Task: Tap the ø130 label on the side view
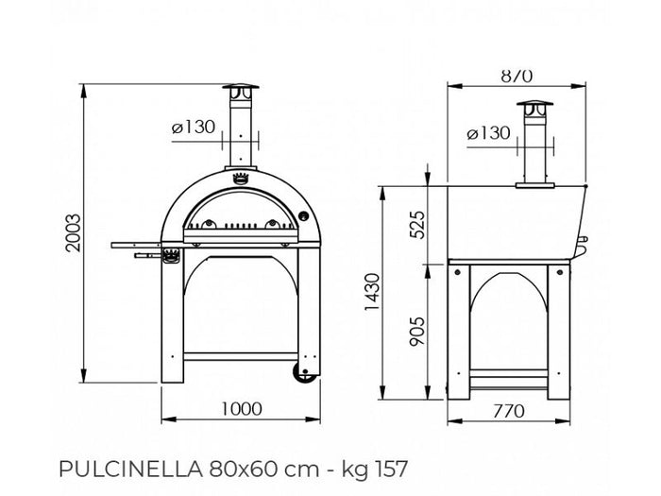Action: coord(488,133)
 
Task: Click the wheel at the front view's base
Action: coord(304,373)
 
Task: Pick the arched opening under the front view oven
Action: coord(241,302)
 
